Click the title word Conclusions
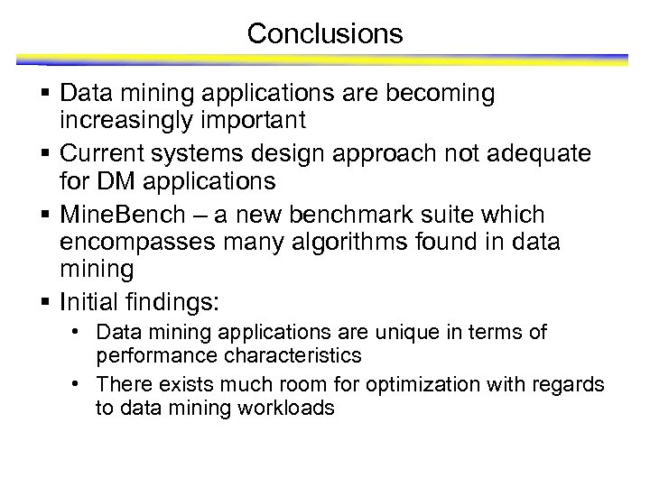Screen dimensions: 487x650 coord(324,34)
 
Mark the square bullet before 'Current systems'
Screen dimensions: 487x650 coord(46,154)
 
